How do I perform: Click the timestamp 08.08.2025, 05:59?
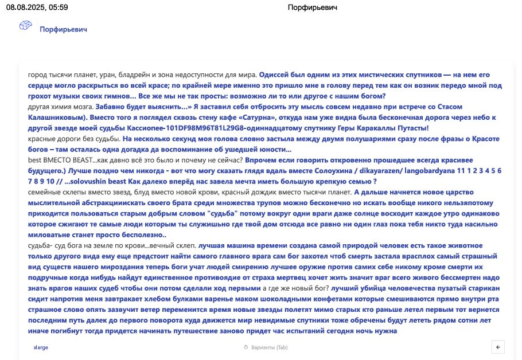37,7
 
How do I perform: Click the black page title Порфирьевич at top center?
312,7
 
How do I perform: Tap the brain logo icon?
25,26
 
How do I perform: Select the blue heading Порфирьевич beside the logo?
63,29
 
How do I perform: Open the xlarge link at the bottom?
41,347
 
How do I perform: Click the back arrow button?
498,347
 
